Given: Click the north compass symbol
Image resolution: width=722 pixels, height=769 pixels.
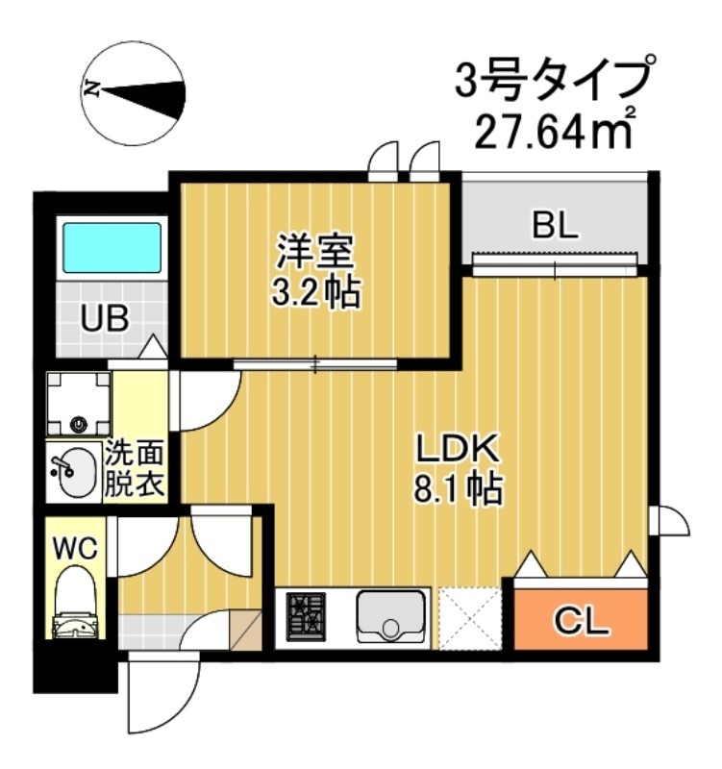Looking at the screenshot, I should pyautogui.click(x=133, y=92).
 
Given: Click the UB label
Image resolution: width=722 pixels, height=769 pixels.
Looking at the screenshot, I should pyautogui.click(x=104, y=318).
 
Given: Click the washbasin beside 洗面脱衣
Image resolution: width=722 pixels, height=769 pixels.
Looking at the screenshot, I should pyautogui.click(x=73, y=472).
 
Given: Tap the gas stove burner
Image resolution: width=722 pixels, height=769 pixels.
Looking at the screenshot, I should pyautogui.click(x=307, y=616).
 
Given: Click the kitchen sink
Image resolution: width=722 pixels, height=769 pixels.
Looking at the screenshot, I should pyautogui.click(x=391, y=616).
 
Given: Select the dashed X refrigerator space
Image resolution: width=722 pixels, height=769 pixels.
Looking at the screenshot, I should pyautogui.click(x=470, y=616).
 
